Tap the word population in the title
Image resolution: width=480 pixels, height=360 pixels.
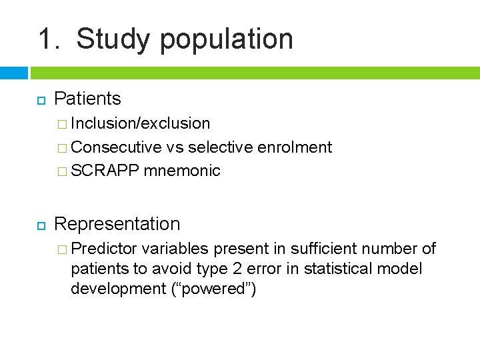226,39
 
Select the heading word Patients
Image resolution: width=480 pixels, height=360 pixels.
87,99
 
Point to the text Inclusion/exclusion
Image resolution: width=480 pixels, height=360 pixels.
141,123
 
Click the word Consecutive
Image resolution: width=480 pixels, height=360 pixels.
116,147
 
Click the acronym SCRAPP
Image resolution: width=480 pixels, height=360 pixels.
105,171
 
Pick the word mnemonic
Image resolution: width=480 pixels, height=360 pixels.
181,171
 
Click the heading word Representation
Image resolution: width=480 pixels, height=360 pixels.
117,224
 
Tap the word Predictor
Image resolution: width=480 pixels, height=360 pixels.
104,249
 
